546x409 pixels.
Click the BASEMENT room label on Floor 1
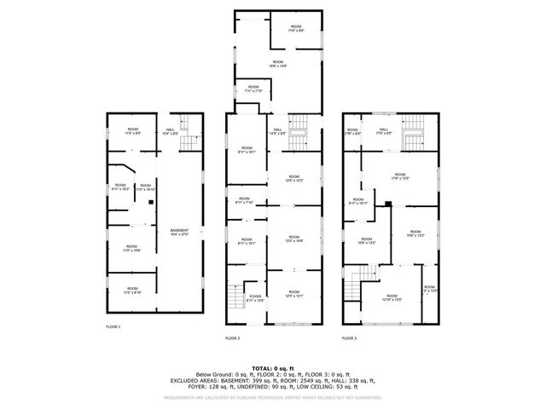pos(179,230)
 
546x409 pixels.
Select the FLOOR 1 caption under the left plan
pos(113,326)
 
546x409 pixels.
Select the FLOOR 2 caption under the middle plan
pos(233,338)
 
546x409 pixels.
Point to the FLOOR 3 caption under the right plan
pos(350,338)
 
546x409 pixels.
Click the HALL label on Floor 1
pos(170,131)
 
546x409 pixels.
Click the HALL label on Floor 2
pos(278,131)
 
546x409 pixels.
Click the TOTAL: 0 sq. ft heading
pos(273,366)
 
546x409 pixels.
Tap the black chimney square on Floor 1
pos(150,202)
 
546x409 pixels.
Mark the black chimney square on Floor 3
pos(387,203)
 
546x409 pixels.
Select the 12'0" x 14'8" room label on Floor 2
pos(294,241)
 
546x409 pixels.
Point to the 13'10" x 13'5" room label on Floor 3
pos(392,298)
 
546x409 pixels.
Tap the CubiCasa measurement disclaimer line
pos(273,397)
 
